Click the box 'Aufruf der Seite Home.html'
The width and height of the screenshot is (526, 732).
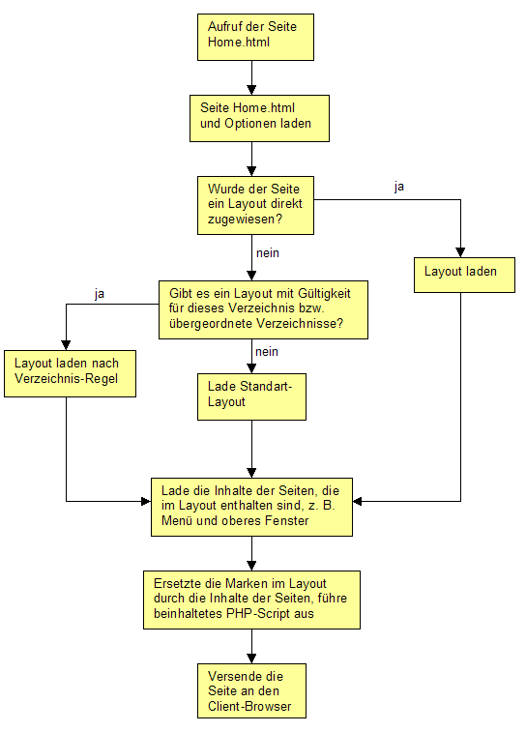[x=255, y=37]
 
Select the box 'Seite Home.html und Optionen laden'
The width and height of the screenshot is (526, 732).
[x=259, y=119]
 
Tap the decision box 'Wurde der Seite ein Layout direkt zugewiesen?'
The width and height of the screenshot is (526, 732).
[x=255, y=205]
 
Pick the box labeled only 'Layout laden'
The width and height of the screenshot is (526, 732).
[x=464, y=275]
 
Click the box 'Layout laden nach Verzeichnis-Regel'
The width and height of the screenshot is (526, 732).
[x=70, y=373]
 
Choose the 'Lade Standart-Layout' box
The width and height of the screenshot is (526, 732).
[x=251, y=396]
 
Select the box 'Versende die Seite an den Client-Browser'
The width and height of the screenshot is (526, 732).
[x=251, y=691]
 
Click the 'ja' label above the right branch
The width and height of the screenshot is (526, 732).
[x=399, y=188]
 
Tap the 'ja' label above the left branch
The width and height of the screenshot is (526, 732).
[x=100, y=295]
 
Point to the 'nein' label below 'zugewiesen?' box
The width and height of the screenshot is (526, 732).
[x=268, y=253]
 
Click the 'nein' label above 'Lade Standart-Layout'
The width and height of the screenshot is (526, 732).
[x=267, y=352]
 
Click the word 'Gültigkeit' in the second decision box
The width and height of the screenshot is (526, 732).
[x=324, y=294]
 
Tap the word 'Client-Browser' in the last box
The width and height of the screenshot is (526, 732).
[x=249, y=706]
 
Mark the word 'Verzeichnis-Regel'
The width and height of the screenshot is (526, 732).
[x=67, y=379]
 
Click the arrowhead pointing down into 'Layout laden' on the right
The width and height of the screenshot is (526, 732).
[x=460, y=252]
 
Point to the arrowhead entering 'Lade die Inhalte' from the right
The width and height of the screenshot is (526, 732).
[x=358, y=502]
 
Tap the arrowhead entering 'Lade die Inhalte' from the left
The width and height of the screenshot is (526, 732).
[x=146, y=502]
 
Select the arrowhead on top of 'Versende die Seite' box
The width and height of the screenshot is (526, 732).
[x=251, y=659]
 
